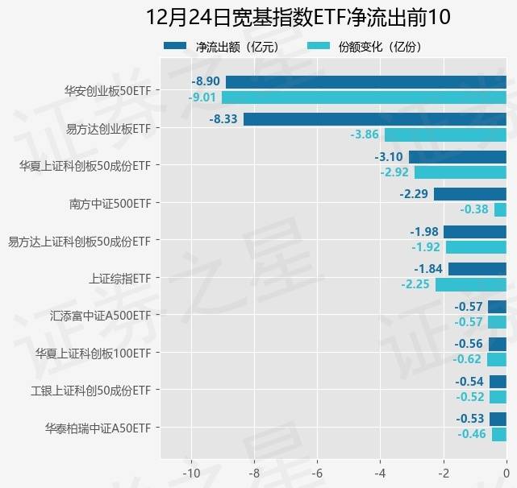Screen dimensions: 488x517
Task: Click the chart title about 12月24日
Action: click(x=298, y=17)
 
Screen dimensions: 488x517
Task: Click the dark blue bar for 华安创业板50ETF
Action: click(x=365, y=82)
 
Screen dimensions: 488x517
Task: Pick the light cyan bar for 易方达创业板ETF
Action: click(x=445, y=134)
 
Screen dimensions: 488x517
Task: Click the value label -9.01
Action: click(x=202, y=97)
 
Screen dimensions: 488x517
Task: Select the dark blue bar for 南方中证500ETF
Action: click(x=469, y=194)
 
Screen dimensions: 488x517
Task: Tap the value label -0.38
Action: click(x=474, y=209)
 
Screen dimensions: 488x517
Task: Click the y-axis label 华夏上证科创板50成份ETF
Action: click(x=85, y=166)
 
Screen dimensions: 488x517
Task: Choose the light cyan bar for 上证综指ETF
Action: click(x=471, y=284)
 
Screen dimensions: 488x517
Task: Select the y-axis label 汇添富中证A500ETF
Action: click(x=100, y=315)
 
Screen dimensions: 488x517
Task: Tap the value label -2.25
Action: click(x=415, y=284)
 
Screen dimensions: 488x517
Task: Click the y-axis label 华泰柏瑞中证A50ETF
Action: click(x=98, y=428)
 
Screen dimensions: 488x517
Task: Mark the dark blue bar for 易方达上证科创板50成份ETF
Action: click(x=475, y=232)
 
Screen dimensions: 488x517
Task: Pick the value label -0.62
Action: click(x=467, y=359)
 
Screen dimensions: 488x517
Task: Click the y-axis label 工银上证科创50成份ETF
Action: click(x=90, y=391)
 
